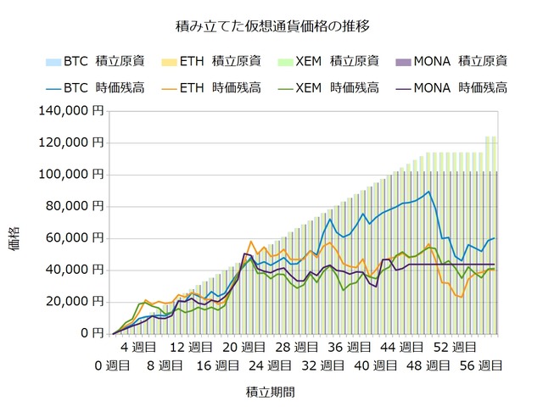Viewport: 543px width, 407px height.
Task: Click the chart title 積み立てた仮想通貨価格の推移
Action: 271,27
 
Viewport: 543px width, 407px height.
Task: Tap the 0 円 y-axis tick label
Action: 91,333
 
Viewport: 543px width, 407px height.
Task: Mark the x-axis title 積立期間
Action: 271,393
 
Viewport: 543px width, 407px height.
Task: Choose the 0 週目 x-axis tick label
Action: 112,365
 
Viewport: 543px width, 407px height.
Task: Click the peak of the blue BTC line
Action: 428,192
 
